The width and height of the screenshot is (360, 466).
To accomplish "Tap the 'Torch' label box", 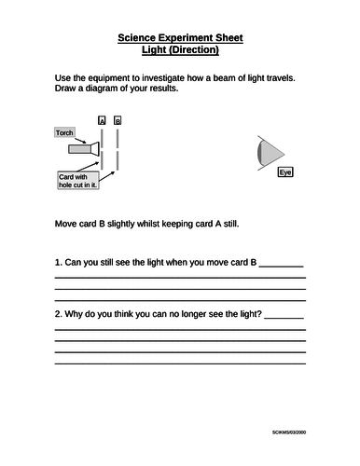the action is point(64,133).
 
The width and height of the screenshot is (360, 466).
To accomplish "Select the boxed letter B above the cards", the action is point(118,121).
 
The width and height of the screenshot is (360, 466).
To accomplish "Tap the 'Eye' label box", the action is point(285,173).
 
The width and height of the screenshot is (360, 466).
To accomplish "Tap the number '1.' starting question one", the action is point(59,263).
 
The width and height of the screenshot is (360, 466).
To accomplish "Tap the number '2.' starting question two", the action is point(59,313).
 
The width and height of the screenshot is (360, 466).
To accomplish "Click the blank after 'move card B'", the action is point(281,265).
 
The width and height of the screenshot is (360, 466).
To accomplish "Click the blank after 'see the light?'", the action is point(284,315).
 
